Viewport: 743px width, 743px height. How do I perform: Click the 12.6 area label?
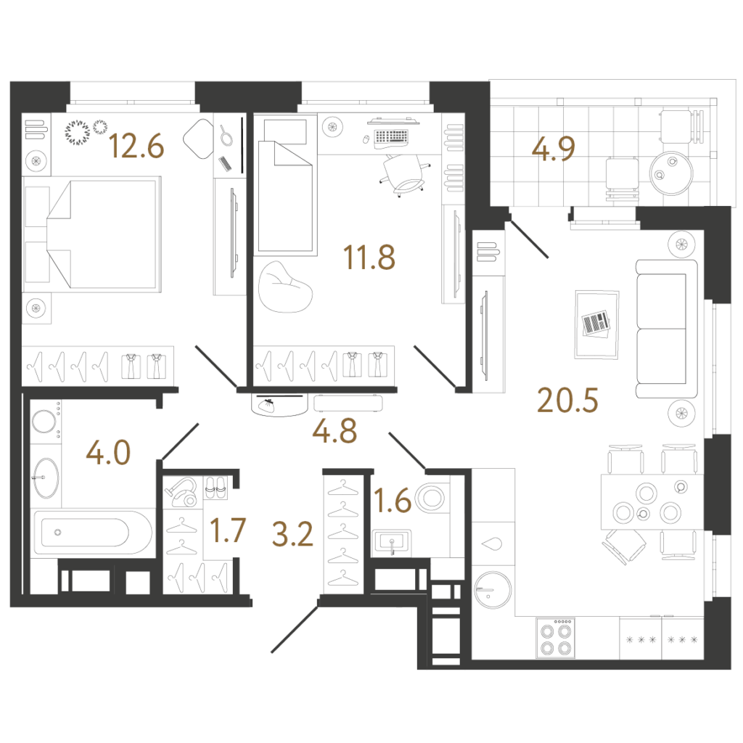(x=136, y=146)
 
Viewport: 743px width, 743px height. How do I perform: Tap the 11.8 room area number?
(x=369, y=258)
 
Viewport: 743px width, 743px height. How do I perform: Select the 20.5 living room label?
(x=567, y=401)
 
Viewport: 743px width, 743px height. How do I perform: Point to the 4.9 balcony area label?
(x=553, y=148)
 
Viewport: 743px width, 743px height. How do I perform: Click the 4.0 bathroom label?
(x=108, y=453)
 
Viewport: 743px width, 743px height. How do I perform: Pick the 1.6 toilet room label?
(x=393, y=501)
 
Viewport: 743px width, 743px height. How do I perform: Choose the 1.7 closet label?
(x=228, y=530)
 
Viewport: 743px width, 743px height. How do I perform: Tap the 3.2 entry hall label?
(x=292, y=534)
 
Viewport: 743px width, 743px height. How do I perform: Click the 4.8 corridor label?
(x=334, y=431)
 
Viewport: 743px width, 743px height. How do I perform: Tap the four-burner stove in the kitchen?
(x=555, y=639)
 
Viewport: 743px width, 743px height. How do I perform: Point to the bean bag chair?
(x=285, y=287)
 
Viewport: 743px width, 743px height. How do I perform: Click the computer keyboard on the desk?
(x=391, y=136)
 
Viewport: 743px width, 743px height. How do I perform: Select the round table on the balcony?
(x=671, y=173)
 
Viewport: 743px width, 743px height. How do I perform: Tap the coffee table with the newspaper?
(x=596, y=324)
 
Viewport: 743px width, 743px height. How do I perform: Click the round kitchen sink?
(x=493, y=589)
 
